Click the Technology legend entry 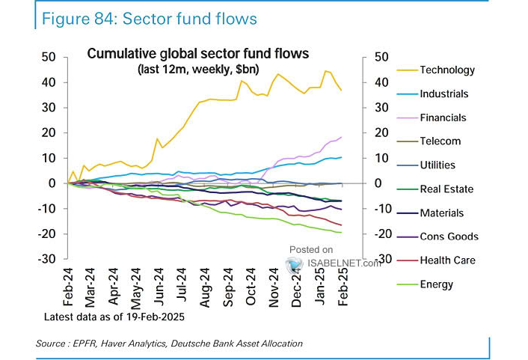[447, 70]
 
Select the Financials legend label [443, 118]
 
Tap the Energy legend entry [437, 284]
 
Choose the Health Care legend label [447, 260]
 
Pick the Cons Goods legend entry [449, 237]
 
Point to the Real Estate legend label [446, 189]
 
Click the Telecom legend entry [440, 141]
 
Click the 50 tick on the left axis [49, 57]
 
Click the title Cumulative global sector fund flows [198, 54]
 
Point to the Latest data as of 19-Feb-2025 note [113, 317]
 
